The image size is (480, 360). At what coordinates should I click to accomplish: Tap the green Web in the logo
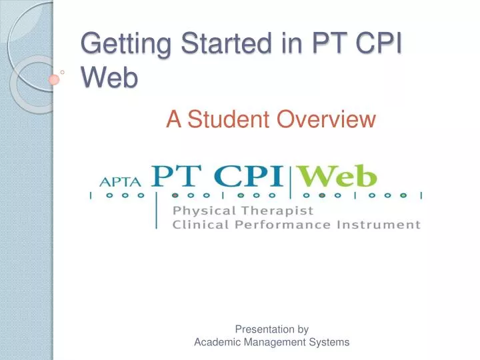(337, 177)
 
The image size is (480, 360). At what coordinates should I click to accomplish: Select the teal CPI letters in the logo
(249, 176)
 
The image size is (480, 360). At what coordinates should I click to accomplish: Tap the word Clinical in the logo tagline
(195, 225)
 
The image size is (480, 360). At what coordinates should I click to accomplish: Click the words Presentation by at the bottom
(272, 329)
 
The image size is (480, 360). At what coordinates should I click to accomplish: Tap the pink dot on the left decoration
(55, 79)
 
